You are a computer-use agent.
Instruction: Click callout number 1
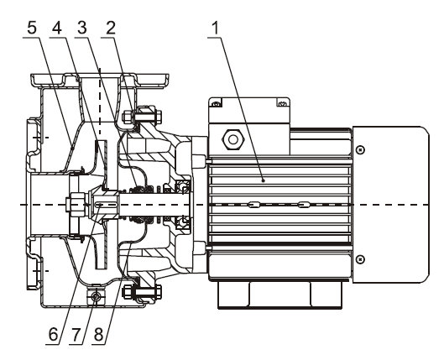pos(216,29)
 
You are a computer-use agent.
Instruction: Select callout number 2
pos(111,29)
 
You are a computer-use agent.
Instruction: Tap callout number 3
pos(82,29)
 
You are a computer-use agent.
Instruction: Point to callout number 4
pos(57,29)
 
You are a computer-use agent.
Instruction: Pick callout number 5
pos(32,29)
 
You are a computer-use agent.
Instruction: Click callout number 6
pos(53,335)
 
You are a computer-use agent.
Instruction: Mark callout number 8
pos(98,335)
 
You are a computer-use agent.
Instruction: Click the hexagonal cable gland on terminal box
pos(233,139)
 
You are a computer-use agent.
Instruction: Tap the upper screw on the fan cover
pos(360,149)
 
